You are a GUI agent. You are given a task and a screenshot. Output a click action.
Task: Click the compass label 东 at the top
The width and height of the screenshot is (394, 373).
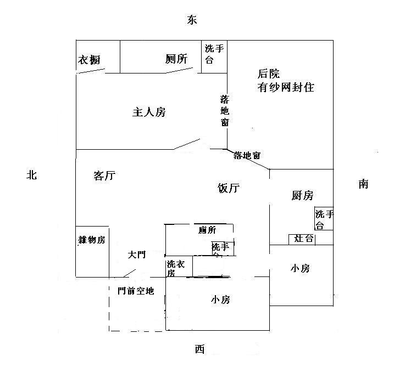click(x=192, y=20)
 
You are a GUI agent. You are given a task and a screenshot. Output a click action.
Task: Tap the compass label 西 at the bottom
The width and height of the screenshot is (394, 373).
click(x=199, y=349)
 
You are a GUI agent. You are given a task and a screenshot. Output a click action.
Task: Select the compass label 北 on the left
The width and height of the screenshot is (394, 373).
click(x=31, y=175)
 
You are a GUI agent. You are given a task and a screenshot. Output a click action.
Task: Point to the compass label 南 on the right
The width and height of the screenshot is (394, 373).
click(x=363, y=184)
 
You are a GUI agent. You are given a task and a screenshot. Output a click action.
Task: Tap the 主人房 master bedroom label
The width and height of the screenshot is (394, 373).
click(x=148, y=112)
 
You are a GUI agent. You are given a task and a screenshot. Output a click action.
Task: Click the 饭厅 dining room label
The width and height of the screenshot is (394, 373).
click(x=229, y=188)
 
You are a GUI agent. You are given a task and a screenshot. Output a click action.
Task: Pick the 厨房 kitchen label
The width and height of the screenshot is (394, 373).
click(x=302, y=195)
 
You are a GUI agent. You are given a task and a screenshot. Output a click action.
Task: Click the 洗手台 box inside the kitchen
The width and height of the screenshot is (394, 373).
click(x=324, y=219)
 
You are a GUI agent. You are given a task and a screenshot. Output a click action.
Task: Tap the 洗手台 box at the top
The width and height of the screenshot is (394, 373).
click(x=215, y=54)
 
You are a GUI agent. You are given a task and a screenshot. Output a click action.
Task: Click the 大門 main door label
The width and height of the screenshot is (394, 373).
click(x=137, y=255)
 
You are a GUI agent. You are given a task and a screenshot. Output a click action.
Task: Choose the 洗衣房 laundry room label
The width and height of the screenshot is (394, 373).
click(x=179, y=268)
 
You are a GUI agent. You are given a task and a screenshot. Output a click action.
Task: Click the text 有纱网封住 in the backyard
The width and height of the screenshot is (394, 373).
click(x=286, y=87)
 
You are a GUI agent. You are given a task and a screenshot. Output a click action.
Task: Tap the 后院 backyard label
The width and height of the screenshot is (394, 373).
click(x=269, y=74)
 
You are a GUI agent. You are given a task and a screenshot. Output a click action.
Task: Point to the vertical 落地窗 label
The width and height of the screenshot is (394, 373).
click(x=224, y=111)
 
